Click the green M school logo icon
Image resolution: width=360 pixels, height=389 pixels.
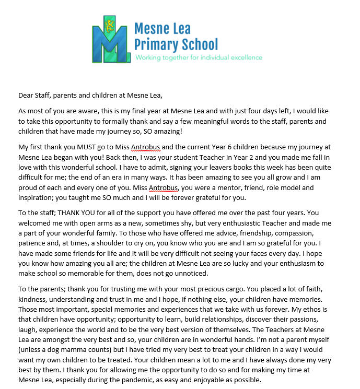(x=110, y=38)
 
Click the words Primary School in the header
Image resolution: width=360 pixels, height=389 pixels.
(x=176, y=44)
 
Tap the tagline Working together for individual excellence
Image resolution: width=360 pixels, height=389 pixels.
(x=198, y=57)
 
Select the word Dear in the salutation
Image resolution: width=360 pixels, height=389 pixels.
(x=27, y=95)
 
